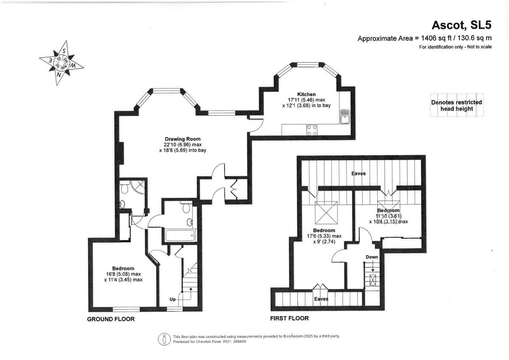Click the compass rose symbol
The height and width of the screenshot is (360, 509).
(x=62, y=62)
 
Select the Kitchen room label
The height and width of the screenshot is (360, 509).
(x=306, y=94)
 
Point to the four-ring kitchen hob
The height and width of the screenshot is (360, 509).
(x=312, y=130)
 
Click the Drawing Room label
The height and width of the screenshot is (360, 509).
(x=182, y=139)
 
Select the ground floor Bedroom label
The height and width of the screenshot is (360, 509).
(x=123, y=268)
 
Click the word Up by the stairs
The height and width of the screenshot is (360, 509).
(x=173, y=300)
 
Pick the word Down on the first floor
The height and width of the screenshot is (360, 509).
(x=372, y=257)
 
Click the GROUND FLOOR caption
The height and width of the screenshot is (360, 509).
(x=111, y=319)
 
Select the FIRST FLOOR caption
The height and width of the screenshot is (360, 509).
(x=289, y=318)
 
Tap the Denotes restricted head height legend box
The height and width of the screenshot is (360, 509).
(x=456, y=105)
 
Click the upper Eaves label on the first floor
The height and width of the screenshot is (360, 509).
(x=358, y=174)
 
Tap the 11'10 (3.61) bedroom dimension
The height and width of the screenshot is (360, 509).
(x=388, y=216)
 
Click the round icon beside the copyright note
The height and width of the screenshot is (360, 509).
(x=164, y=339)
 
